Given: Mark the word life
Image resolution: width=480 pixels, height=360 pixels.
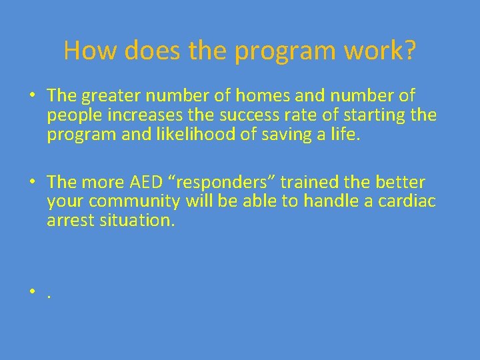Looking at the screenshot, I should pos(345,134).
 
